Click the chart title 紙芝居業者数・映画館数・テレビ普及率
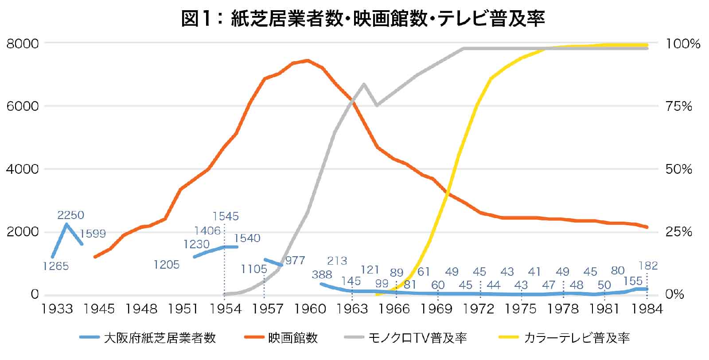point(362,19)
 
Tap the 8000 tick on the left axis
point(23,44)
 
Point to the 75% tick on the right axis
point(678,107)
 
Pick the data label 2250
point(70,215)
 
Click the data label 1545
point(226,216)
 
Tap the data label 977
point(295,260)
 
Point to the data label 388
point(322,274)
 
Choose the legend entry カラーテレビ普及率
point(577,338)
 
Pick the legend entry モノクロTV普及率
point(417,338)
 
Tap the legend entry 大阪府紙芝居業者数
point(160,338)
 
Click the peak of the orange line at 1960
point(308,60)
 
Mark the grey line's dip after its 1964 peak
point(377,105)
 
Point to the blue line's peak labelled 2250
point(66,224)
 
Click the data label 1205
point(167,265)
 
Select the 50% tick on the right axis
point(678,169)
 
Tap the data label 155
point(632,281)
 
